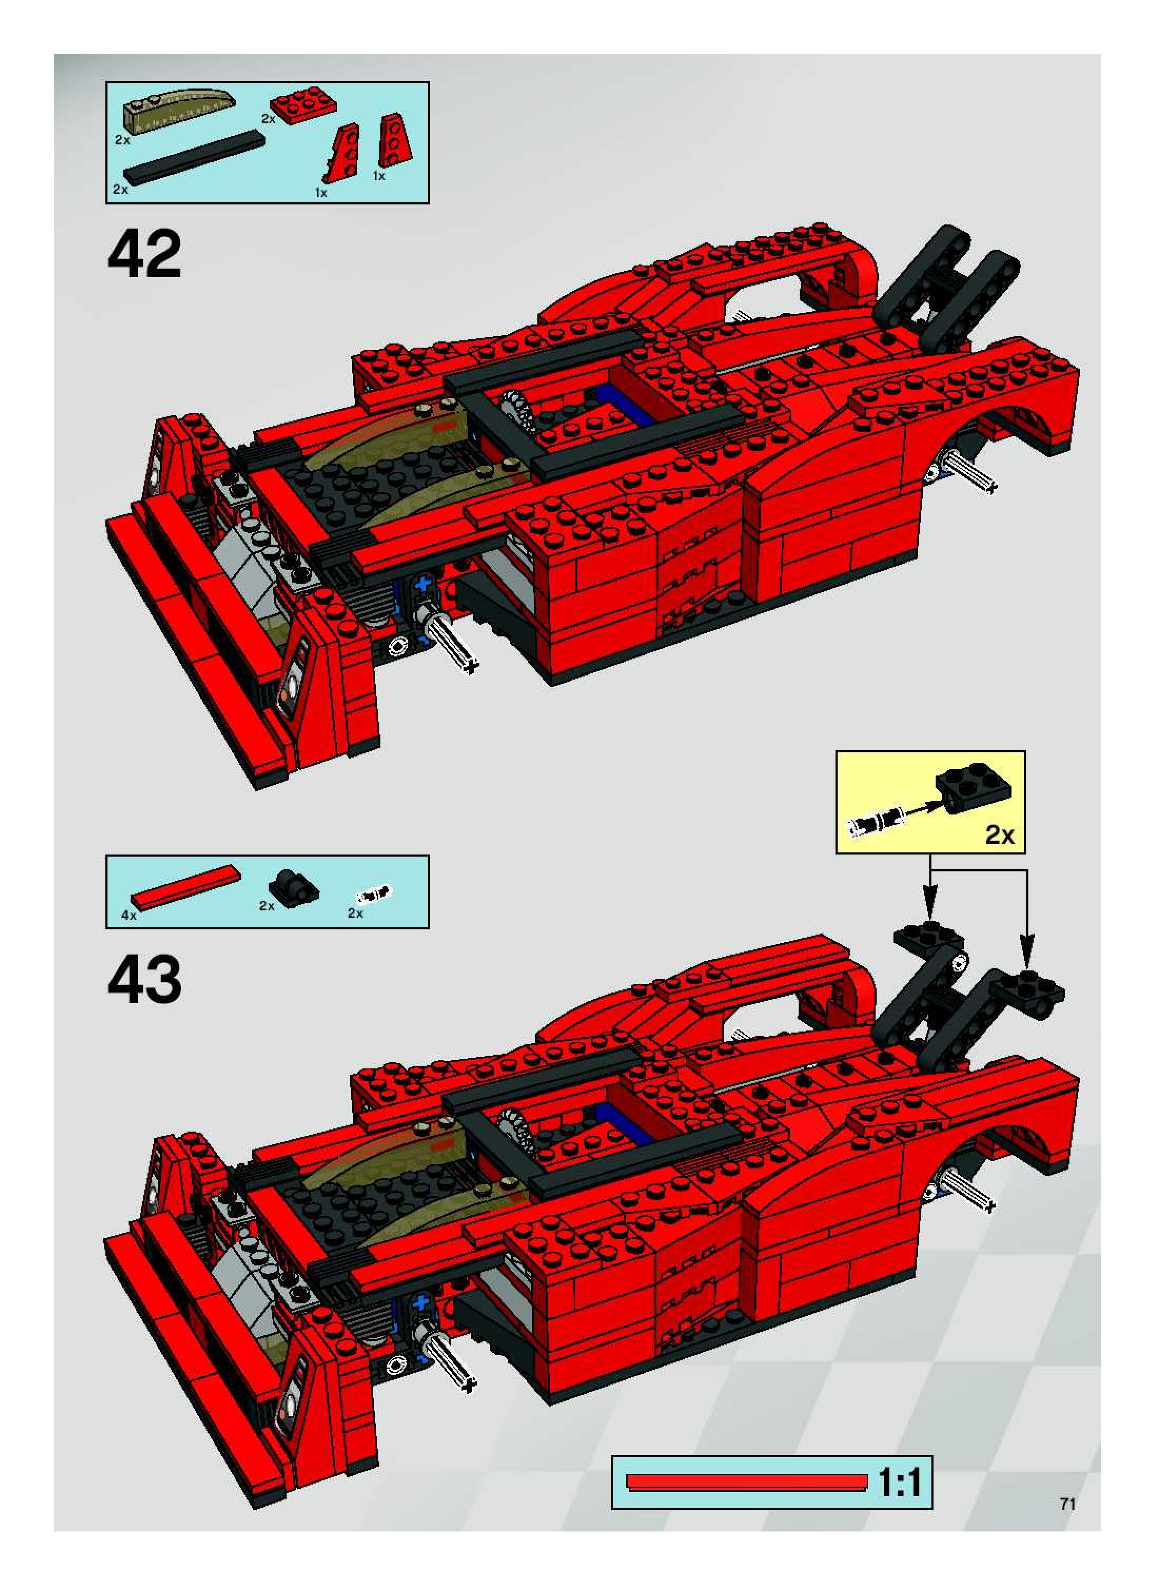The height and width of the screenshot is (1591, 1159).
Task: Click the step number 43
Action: (x=144, y=979)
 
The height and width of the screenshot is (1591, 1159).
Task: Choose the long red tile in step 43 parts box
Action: (x=186, y=886)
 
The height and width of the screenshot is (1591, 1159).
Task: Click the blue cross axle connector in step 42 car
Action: (x=424, y=584)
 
